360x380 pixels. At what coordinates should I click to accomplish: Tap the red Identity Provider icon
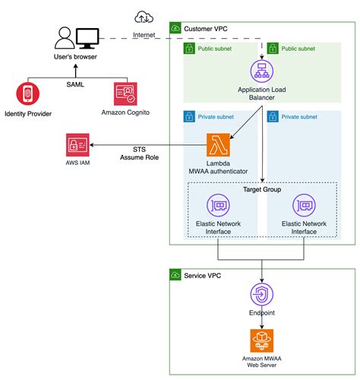pos(29,95)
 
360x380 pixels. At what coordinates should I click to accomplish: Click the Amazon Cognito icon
pos(125,94)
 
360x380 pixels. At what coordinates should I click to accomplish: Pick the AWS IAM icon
pos(79,146)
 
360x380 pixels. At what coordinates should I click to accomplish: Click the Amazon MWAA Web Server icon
pos(261,340)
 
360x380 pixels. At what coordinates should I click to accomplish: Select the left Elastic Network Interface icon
pos(218,205)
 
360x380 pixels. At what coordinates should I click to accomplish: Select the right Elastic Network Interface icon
pos(304,205)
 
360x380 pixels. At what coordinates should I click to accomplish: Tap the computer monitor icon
pos(87,36)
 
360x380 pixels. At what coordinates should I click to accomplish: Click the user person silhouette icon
pos(65,37)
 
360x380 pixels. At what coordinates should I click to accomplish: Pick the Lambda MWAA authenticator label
pos(218,167)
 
